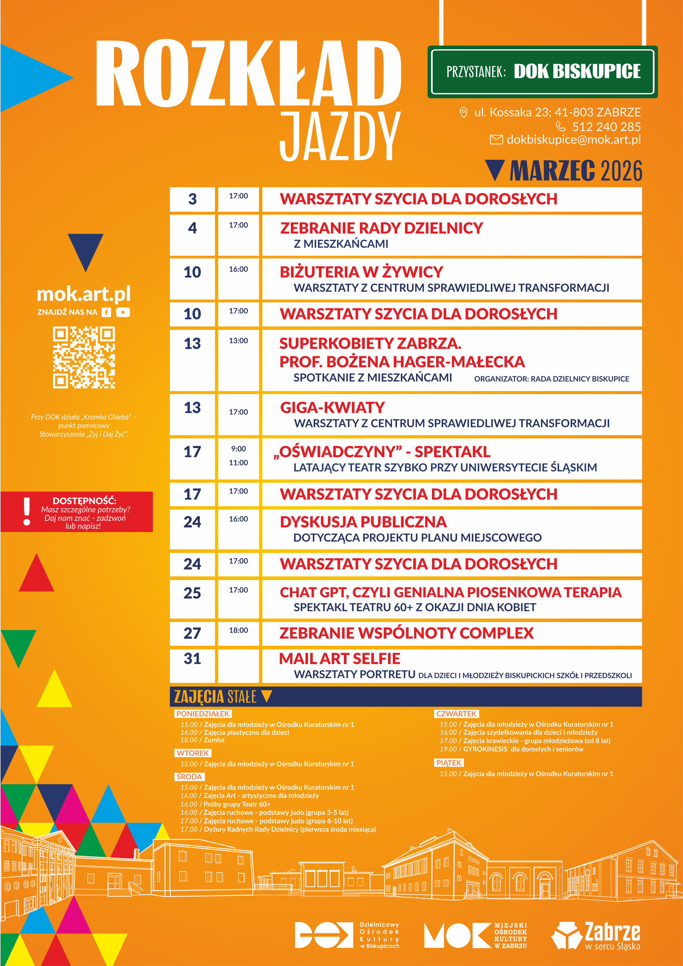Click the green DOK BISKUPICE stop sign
[542, 71]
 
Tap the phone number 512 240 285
[606, 127]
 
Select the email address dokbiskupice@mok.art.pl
[573, 140]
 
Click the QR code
[84, 357]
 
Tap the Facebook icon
[107, 312]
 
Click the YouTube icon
[123, 312]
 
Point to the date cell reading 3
[192, 199]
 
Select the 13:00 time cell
[238, 340]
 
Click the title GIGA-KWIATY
[332, 407]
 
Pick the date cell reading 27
[192, 633]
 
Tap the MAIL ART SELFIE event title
[339, 659]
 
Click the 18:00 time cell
[238, 630]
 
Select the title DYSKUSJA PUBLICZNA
[363, 522]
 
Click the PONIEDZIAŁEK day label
[203, 714]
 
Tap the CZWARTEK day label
[456, 714]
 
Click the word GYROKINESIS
[485, 749]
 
